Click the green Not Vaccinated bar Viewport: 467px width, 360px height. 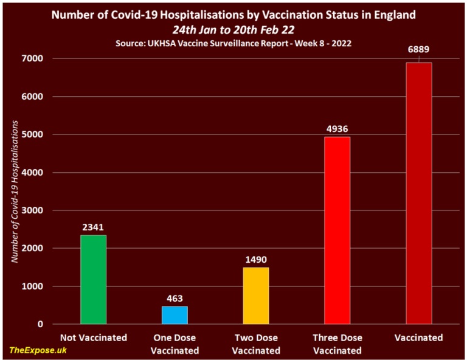pyautogui.click(x=93, y=279)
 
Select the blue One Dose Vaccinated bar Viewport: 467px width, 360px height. pyautogui.click(x=175, y=315)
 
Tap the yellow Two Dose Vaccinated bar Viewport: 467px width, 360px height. pyautogui.click(x=256, y=296)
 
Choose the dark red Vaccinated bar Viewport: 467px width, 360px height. pyautogui.click(x=418, y=193)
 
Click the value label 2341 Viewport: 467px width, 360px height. pyautogui.click(x=93, y=227)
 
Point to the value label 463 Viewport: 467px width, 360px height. pyautogui.click(x=175, y=299)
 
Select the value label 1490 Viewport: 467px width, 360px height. pyautogui.click(x=256, y=260)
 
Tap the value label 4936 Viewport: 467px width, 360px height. pyautogui.click(x=337, y=129)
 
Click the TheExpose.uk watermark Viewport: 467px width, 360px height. pyautogui.click(x=37, y=350)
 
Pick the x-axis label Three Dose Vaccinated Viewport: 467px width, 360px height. pyautogui.click(x=337, y=344)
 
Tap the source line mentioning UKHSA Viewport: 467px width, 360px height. pyautogui.click(x=233, y=43)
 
